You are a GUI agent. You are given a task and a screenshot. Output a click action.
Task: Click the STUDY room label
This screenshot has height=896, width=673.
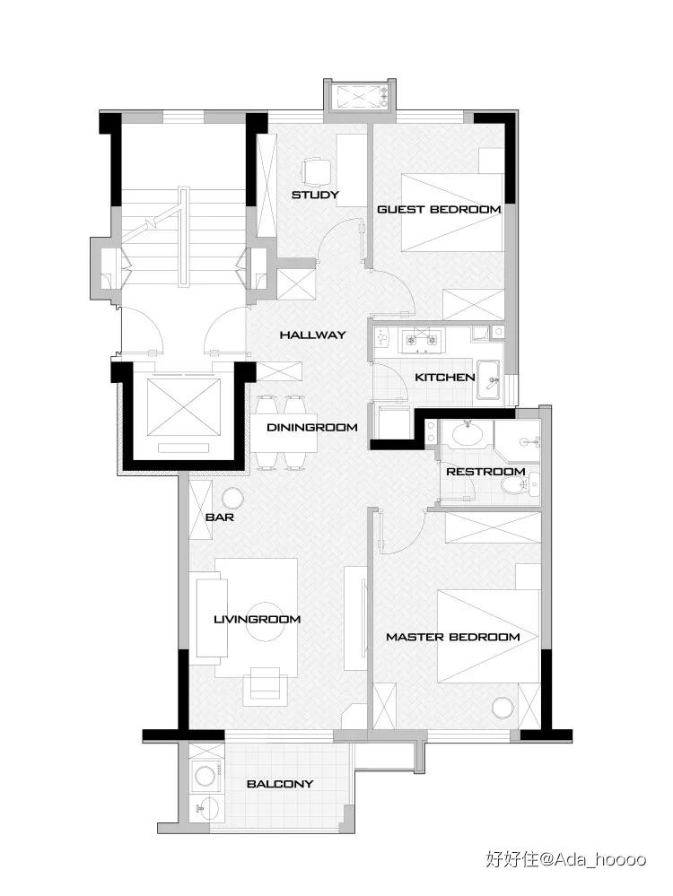pos(315,195)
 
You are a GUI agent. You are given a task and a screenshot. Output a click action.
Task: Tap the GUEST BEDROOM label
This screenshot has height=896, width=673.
pos(439,209)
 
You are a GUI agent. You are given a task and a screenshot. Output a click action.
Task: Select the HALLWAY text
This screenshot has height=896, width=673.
pos(313,335)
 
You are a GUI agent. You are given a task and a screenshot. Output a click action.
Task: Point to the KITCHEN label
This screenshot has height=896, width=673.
pos(445,377)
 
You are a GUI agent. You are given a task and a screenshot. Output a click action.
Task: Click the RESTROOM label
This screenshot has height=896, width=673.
pos(485,472)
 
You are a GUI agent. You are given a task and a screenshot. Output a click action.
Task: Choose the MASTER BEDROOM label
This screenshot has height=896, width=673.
pos(453,637)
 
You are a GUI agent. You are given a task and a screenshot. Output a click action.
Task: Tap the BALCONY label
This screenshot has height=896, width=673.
pos(280,783)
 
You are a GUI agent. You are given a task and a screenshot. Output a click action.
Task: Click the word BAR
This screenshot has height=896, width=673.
pos(220,518)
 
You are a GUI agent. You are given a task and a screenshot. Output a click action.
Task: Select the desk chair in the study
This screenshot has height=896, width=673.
pos(316,170)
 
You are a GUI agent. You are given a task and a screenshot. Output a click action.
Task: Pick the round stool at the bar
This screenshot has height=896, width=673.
pos(232,499)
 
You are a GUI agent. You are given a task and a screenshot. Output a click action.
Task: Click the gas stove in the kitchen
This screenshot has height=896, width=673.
pos(422,339)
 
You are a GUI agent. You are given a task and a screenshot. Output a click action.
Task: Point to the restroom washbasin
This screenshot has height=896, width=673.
pos(468,434)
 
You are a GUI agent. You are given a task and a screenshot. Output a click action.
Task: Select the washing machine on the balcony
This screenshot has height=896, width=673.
pos(205,776)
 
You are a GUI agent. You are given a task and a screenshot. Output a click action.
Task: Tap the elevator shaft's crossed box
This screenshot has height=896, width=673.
pos(184,405)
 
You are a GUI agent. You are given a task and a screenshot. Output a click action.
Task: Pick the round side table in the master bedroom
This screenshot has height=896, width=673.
pos(503,709)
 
